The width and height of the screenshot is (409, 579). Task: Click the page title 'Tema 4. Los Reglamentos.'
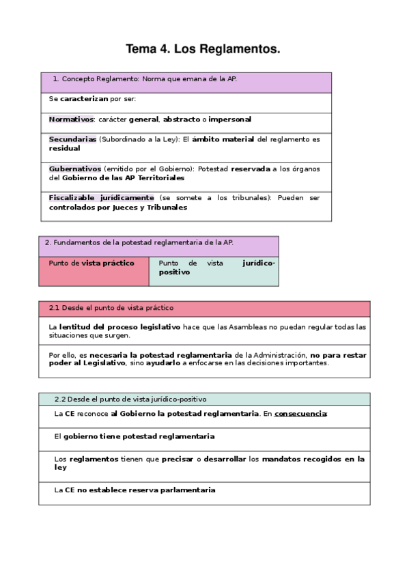tap(203, 49)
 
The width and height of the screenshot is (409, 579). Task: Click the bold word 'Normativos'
tap(70, 119)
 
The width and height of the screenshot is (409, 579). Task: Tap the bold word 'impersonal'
tap(229, 119)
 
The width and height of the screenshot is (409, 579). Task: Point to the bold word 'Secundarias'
tap(72, 139)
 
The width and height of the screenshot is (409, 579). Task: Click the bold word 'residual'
tap(64, 147)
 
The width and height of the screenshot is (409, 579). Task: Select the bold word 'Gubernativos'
tap(75, 168)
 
